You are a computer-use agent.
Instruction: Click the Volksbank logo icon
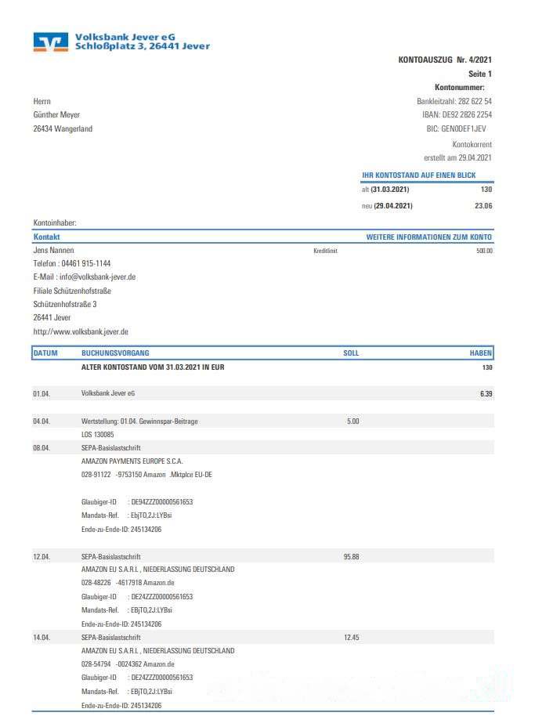click(x=51, y=42)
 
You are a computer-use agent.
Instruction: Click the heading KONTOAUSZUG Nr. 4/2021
click(x=445, y=60)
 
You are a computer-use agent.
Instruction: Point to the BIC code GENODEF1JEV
click(x=465, y=128)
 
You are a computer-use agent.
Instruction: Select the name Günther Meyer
click(x=56, y=115)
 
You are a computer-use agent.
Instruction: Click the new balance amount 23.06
click(x=483, y=206)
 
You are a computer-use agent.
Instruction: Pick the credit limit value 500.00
click(x=484, y=251)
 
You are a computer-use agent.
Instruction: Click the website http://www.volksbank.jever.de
click(x=81, y=331)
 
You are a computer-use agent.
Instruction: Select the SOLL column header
click(x=351, y=353)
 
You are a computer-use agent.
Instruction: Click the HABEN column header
click(x=480, y=353)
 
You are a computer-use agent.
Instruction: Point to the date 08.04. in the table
click(x=42, y=448)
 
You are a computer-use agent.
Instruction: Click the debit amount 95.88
click(x=351, y=557)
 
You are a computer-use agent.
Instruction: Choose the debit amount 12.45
click(x=351, y=638)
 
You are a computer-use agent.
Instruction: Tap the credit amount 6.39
click(x=486, y=394)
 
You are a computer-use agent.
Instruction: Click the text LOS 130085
click(x=97, y=434)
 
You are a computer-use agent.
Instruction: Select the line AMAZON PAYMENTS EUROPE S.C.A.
click(x=132, y=461)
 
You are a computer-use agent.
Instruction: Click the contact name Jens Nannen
click(x=53, y=250)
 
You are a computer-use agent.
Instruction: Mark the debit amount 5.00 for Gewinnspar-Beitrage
click(x=352, y=421)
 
